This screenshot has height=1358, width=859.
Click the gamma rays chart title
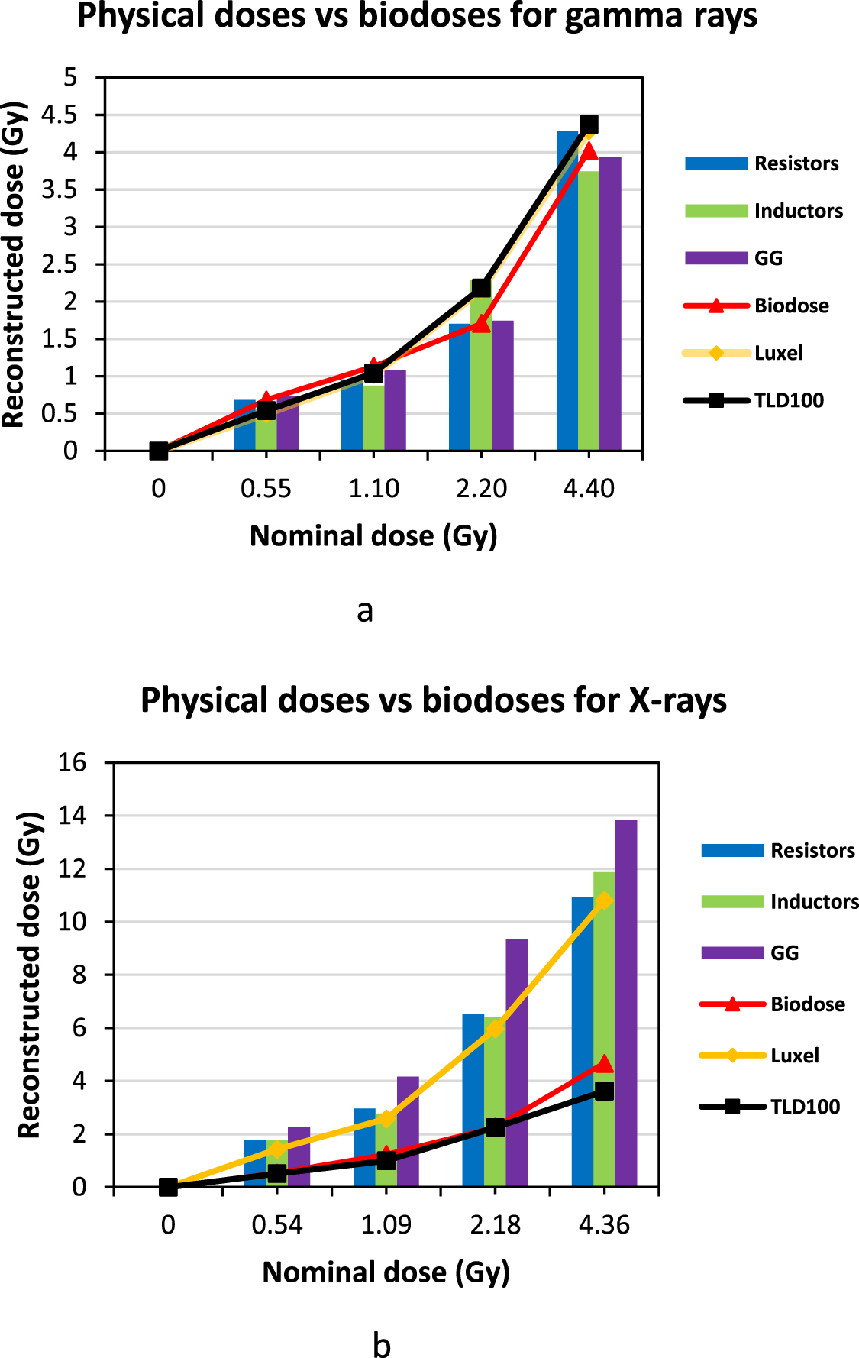click(x=417, y=16)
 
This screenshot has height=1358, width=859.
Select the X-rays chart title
click(x=433, y=700)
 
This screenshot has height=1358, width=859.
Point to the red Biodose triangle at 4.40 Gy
click(x=588, y=151)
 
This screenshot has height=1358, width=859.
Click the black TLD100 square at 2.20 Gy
click(x=480, y=288)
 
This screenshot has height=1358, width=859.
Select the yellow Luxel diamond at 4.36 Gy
click(x=604, y=901)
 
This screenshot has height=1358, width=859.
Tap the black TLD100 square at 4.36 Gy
click(x=604, y=1091)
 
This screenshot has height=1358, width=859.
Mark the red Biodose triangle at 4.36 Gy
click(x=604, y=1064)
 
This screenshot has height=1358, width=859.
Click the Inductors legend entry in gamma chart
click(x=764, y=211)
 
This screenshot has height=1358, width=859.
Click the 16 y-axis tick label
click(x=73, y=762)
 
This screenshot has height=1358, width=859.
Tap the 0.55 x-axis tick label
click(x=266, y=489)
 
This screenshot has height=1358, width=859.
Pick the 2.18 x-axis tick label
click(x=495, y=1225)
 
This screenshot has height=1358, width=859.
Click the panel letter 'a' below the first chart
click(x=364, y=611)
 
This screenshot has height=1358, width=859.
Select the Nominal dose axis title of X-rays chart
click(x=386, y=1272)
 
